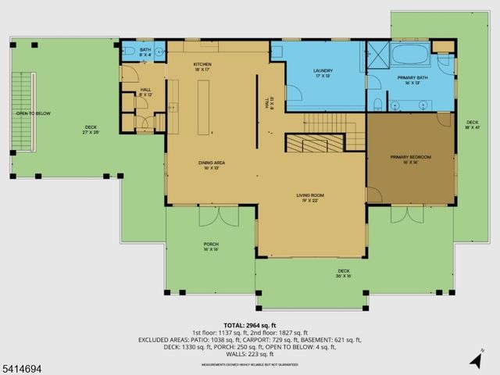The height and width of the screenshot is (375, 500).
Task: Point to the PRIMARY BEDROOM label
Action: pyautogui.click(x=411, y=159)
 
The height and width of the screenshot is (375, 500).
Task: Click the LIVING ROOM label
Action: pyautogui.click(x=309, y=198)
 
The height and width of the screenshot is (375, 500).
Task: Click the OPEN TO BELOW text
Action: pyautogui.click(x=33, y=114)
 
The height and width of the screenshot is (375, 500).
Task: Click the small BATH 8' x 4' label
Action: pyautogui.click(x=145, y=52)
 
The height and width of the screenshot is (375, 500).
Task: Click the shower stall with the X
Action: pyautogui.click(x=377, y=55)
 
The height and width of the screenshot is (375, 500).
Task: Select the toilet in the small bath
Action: pyautogui.click(x=129, y=52)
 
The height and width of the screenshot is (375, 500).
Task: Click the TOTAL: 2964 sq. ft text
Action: pyautogui.click(x=250, y=325)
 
